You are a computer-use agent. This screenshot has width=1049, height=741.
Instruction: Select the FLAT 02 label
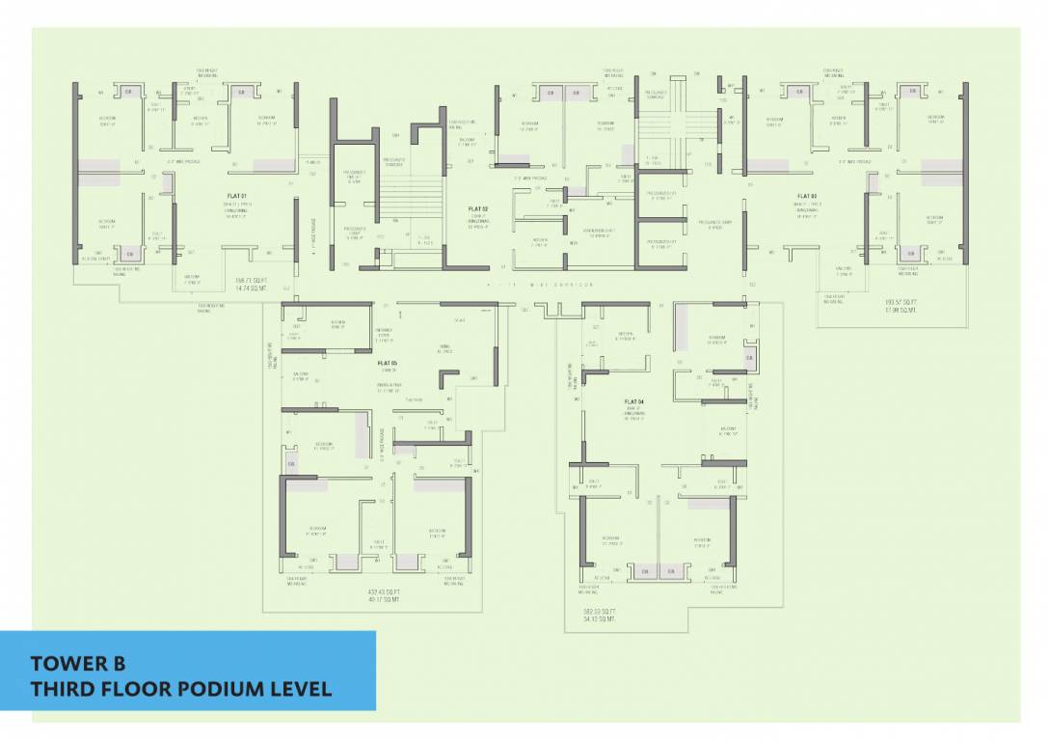478,208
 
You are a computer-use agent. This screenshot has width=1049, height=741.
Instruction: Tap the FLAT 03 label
807,196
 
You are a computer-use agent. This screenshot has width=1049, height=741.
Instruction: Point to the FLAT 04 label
633,400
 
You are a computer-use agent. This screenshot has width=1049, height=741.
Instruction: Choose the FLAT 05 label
389,364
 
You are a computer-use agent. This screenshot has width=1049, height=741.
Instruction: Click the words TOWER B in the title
78,664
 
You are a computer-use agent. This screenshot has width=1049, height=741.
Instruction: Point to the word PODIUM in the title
217,689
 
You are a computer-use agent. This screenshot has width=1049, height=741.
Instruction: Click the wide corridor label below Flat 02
540,285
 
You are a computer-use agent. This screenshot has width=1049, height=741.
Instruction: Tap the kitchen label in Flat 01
200,120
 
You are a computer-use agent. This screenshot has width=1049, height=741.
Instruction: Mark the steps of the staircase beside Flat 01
405,198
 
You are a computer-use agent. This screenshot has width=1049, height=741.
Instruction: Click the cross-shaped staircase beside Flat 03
677,125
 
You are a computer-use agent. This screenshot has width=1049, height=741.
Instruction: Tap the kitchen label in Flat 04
625,335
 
